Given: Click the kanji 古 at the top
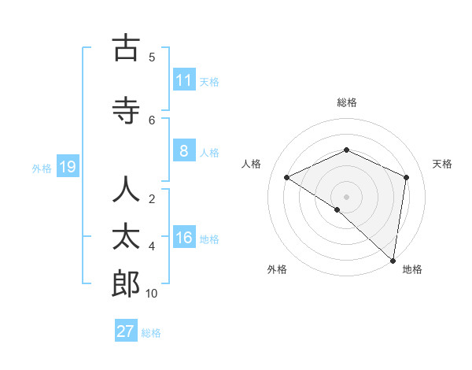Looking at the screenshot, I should [126, 49].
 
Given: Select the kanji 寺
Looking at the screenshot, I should [126, 111].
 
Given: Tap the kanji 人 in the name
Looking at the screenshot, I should [126, 191].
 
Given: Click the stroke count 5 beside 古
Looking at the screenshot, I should [152, 57].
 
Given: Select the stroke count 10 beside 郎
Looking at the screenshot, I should [152, 293].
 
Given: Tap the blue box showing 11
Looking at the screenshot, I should [183, 80].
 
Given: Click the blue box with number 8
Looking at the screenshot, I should [183, 152].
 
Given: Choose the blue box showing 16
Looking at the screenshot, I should [183, 239].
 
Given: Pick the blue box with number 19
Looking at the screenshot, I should [67, 167].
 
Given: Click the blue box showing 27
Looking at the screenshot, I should [125, 331].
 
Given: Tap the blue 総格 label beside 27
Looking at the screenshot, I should [151, 333].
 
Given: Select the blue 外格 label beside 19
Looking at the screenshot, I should [41, 168].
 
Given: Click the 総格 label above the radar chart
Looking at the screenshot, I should [346, 102].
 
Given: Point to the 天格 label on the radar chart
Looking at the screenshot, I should [443, 164].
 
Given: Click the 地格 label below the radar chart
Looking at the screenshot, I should [412, 269].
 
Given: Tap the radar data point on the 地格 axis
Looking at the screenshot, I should [393, 260].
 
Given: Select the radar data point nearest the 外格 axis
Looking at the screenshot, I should [337, 209].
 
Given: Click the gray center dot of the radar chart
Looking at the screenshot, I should [346, 196].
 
